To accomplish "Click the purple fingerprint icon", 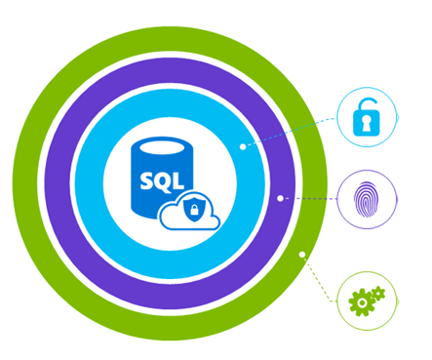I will coord(366,199).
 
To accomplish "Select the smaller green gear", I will coord(378,292).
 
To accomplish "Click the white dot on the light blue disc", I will coord(243,147).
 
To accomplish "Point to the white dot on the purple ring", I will coord(280,198).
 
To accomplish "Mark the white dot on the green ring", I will coord(302,255).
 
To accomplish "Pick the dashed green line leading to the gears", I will coord(320,278).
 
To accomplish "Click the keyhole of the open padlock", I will coord(367,125).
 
